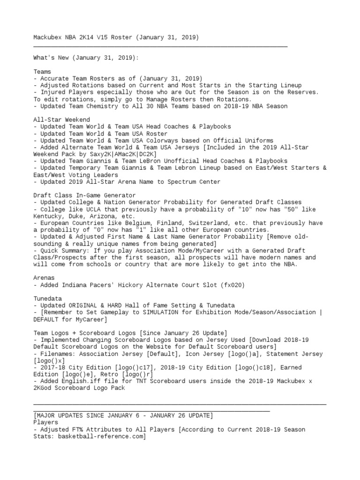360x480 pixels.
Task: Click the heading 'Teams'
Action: pyautogui.click(x=42, y=72)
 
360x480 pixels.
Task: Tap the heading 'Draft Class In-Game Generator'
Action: pyautogui.click(x=84, y=195)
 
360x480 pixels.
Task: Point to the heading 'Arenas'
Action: pyautogui.click(x=44, y=278)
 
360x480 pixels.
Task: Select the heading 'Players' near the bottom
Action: pyautogui.click(x=45, y=422)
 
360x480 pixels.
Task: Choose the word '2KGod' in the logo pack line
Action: pyautogui.click(x=44, y=388)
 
